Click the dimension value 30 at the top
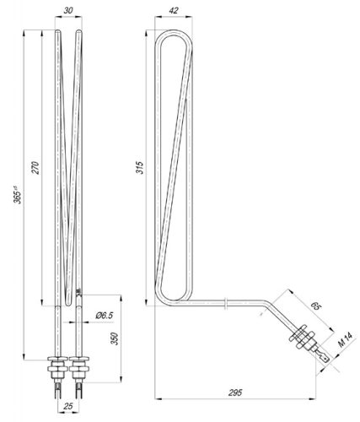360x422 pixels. click(x=68, y=11)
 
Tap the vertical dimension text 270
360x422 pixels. click(x=35, y=167)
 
